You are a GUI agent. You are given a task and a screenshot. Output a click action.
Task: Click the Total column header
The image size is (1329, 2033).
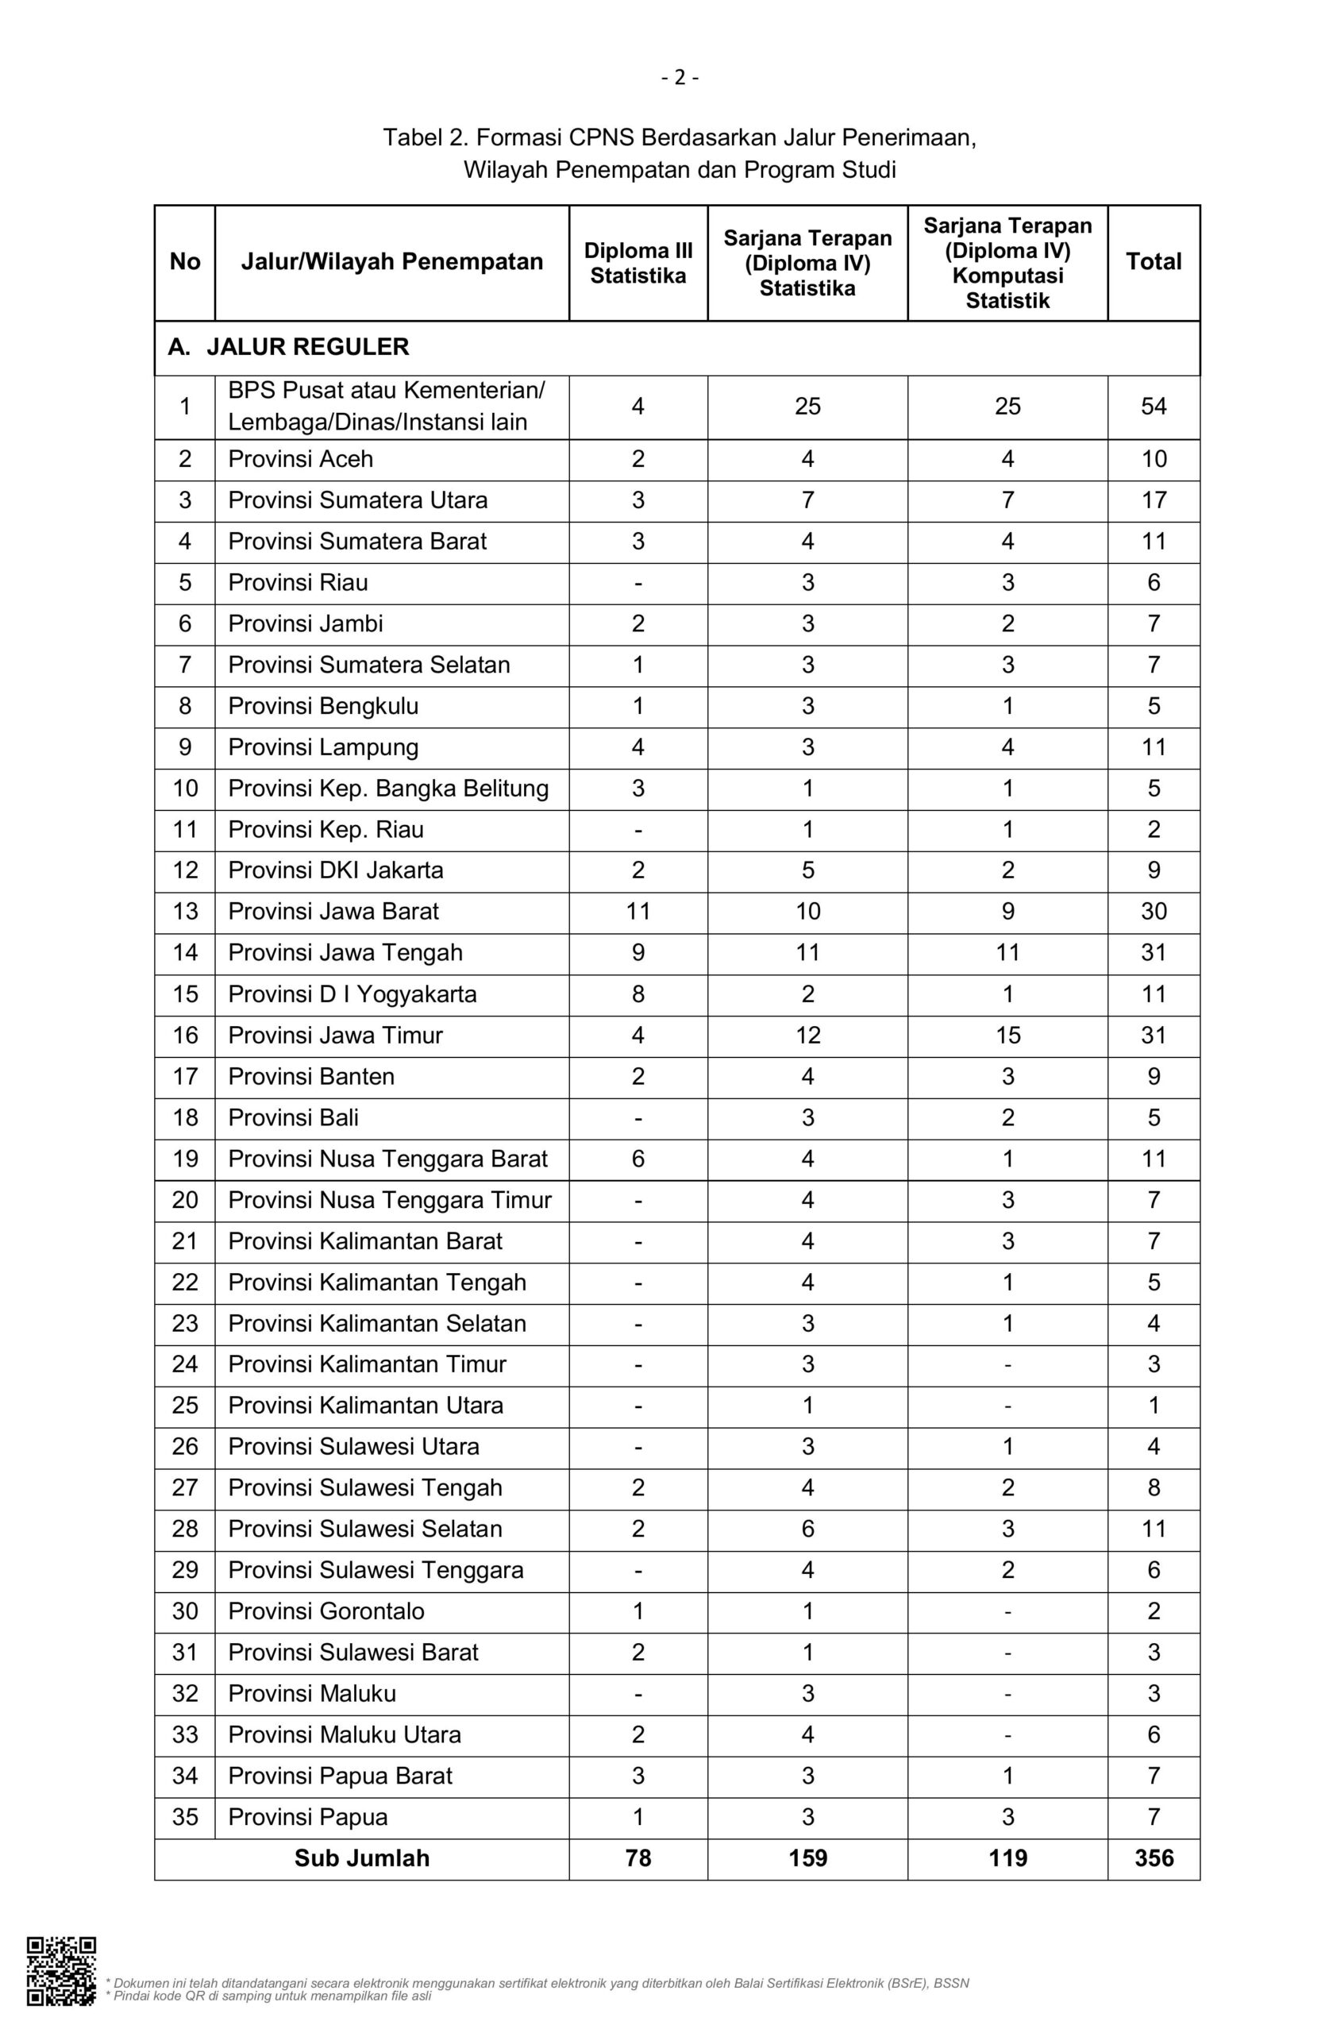(x=1153, y=261)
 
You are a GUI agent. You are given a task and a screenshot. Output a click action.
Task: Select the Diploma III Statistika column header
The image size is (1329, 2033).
(x=638, y=263)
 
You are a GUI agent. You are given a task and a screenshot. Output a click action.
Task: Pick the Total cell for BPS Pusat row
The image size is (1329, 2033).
(x=1153, y=407)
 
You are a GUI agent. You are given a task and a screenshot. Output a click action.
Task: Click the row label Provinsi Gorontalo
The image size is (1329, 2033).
(x=326, y=1611)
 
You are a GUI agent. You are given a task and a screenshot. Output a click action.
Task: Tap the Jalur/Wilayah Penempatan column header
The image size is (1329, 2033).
(x=391, y=261)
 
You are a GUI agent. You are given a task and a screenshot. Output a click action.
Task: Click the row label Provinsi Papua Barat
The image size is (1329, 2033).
(x=340, y=1776)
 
